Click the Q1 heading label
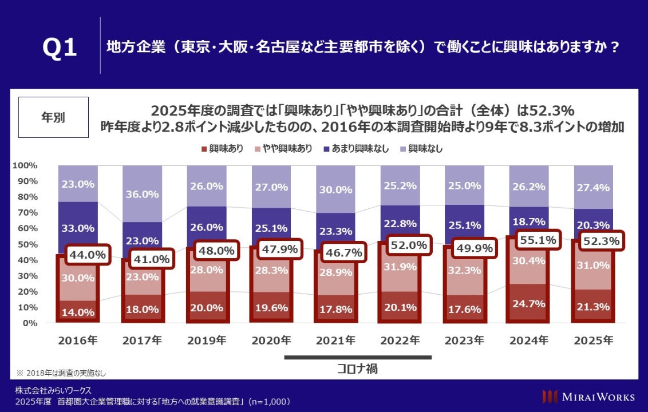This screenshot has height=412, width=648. (60, 48)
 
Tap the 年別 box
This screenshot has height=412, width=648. (53, 117)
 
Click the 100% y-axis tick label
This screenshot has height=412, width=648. (24, 165)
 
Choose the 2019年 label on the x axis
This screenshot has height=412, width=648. (207, 340)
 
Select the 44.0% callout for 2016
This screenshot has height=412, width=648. (87, 255)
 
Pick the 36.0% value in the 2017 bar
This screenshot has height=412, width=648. (141, 194)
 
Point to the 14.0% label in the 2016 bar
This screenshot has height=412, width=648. (77, 312)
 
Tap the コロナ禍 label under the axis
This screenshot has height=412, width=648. (357, 369)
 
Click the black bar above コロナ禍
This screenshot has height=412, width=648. (357, 358)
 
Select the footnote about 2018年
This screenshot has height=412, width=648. (61, 373)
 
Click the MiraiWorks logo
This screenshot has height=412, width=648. (588, 396)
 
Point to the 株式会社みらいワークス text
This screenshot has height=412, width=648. (53, 390)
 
